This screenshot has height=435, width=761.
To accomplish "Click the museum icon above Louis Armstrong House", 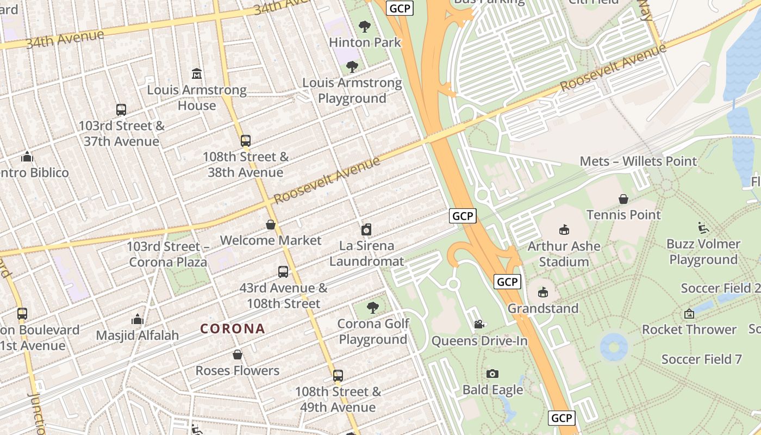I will tap(197, 73).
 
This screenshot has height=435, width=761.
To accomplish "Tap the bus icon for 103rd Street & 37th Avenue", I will tap(121, 110).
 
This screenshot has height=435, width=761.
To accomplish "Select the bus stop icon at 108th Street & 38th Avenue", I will tap(246, 141).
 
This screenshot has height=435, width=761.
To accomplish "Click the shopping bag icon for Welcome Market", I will tap(271, 225).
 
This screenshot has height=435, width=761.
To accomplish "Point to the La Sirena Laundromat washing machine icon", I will tap(366, 230).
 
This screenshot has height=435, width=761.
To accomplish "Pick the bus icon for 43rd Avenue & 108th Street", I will tap(283, 272).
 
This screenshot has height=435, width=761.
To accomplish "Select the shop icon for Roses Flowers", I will tap(238, 355).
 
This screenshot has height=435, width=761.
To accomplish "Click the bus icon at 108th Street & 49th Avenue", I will tap(338, 376).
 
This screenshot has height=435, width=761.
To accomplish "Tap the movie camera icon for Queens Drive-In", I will tap(479, 325).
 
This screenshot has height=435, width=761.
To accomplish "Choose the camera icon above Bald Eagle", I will tap(492, 374).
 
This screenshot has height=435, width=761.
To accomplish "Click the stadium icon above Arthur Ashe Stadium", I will tap(564, 230).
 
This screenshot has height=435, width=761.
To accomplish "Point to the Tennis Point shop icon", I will tap(623, 199).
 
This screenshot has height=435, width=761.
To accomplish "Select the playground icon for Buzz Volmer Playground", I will tap(703, 228).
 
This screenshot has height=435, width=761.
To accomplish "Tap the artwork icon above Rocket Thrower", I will tap(689, 314).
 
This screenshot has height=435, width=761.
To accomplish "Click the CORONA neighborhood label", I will tap(233, 328).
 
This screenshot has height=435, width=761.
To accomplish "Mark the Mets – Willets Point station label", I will tap(638, 161).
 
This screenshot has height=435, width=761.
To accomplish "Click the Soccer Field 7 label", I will tap(702, 359).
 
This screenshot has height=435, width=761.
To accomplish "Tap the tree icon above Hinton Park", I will tap(365, 26).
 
